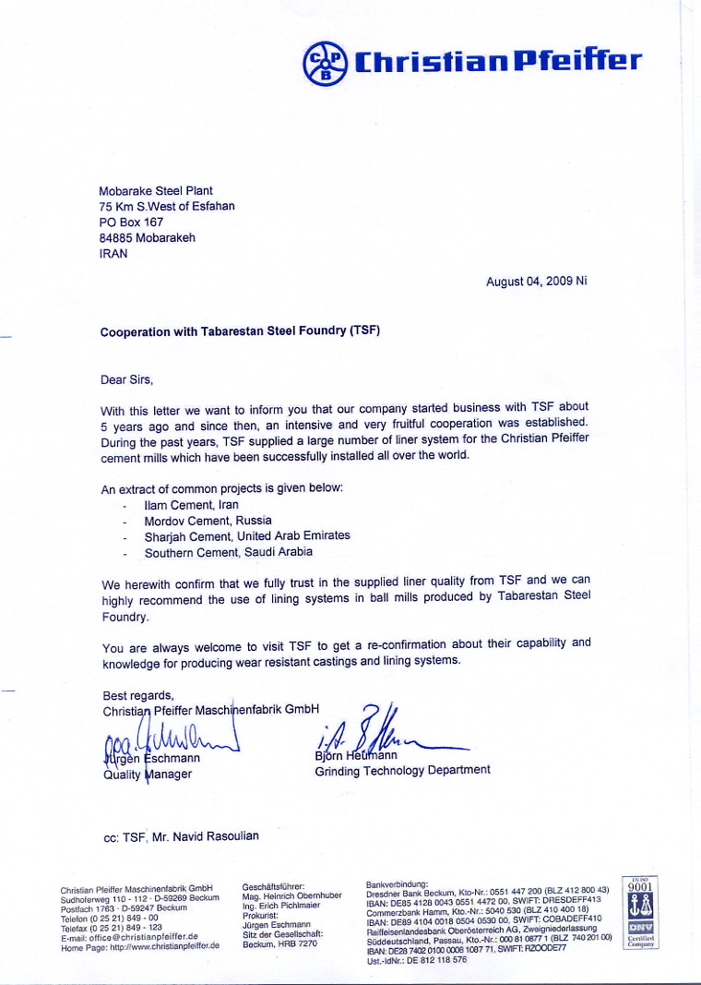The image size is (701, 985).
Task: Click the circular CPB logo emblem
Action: (x=325, y=62)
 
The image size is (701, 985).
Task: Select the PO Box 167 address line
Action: (x=131, y=222)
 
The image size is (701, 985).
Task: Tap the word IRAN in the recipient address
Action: (x=114, y=253)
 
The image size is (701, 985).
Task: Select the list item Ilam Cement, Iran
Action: (x=191, y=505)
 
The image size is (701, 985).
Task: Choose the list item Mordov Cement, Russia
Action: (x=208, y=521)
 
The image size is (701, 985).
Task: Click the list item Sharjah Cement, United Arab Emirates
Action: (x=247, y=535)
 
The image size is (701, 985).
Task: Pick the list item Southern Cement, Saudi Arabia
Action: (x=228, y=552)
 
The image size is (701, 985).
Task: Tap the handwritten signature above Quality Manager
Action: (x=166, y=739)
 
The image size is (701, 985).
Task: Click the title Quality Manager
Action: (x=147, y=775)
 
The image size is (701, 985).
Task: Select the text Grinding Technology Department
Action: (x=402, y=770)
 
